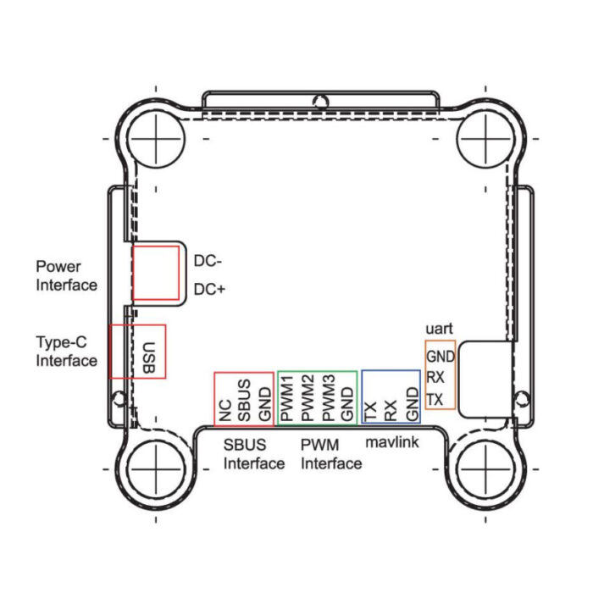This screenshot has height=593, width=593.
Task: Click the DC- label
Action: [x=208, y=261]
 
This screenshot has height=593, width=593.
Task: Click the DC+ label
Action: [x=209, y=290]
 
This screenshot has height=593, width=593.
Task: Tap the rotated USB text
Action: [x=148, y=357]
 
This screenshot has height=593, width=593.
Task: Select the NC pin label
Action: [x=225, y=411]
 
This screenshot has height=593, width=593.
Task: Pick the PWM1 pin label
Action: [x=287, y=398]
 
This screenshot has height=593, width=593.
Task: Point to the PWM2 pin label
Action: [x=308, y=398]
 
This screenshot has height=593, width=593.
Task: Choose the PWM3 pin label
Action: [x=329, y=398]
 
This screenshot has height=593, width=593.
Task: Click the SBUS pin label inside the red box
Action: [x=244, y=401]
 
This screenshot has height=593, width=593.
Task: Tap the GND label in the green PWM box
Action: [x=347, y=404]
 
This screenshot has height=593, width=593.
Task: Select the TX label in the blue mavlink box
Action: [x=370, y=412]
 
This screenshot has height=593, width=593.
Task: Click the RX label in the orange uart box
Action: [x=435, y=377]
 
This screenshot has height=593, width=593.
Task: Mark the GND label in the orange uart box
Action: [x=441, y=357]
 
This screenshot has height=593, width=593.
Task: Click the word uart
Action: [x=439, y=329]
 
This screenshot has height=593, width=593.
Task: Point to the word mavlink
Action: [x=392, y=441]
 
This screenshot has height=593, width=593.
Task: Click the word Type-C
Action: [x=62, y=342]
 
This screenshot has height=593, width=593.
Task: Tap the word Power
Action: [x=58, y=267]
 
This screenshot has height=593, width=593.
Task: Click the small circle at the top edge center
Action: [x=321, y=103]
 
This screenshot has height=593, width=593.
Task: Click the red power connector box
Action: [x=156, y=273]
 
